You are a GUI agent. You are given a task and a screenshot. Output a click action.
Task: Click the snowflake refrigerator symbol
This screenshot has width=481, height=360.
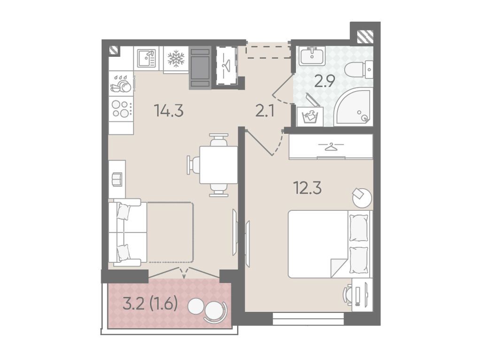[x=176, y=59]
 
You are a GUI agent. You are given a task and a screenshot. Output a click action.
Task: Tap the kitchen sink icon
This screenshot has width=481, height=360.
[x=146, y=59]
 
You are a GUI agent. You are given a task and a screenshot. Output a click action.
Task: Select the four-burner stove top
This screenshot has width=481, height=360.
[x=121, y=109]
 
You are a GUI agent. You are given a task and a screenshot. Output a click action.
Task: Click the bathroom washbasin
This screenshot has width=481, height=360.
[x=311, y=56]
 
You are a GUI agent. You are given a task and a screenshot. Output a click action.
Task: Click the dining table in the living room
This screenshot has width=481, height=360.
[x=218, y=165]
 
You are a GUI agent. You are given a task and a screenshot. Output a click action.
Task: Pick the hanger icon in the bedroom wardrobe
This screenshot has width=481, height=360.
[x=331, y=146]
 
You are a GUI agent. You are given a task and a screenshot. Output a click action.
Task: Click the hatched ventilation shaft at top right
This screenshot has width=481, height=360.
[x=365, y=36]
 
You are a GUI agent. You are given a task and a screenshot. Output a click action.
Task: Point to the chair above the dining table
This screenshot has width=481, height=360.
[x=219, y=140]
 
